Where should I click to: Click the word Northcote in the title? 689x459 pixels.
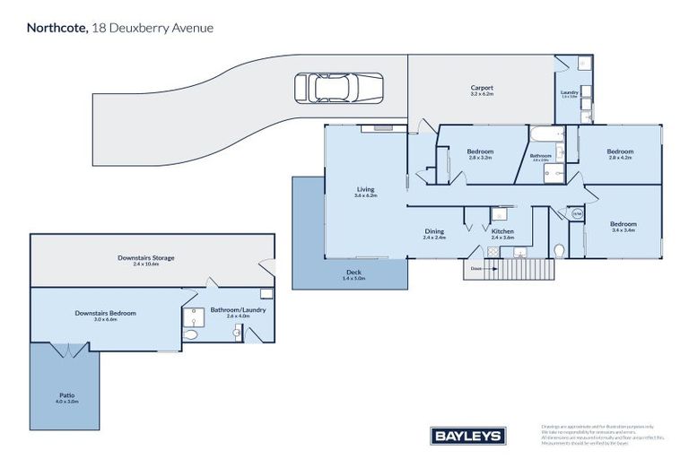pyautogui.click(x=57, y=28)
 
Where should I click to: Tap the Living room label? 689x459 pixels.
pyautogui.click(x=365, y=191)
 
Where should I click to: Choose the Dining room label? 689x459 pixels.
pyautogui.click(x=434, y=233)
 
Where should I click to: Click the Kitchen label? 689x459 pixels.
pyautogui.click(x=502, y=233)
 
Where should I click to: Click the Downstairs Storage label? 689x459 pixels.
pyautogui.click(x=145, y=260)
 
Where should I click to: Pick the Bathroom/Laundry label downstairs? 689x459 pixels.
pyautogui.click(x=231, y=312)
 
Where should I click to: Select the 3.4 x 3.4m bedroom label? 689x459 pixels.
pyautogui.click(x=623, y=226)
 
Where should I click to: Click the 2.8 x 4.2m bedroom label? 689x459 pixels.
pyautogui.click(x=620, y=154)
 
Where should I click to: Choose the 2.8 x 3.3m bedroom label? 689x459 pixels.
pyautogui.click(x=480, y=154)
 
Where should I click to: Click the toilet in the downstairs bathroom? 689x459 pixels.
pyautogui.click(x=190, y=334)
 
